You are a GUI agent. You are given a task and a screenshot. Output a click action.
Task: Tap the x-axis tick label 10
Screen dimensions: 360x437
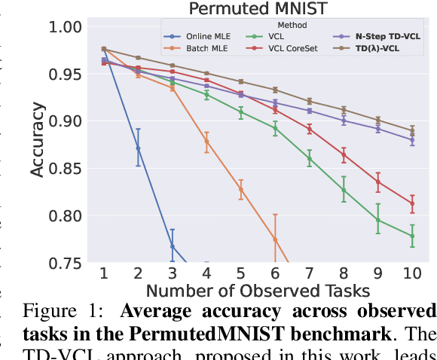(411, 274)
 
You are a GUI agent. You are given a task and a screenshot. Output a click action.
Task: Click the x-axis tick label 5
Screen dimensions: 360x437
(240, 274)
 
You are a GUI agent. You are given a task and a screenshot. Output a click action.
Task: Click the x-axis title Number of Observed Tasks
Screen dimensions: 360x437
(257, 291)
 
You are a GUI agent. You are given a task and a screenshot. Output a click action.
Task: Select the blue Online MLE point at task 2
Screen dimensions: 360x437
(138, 148)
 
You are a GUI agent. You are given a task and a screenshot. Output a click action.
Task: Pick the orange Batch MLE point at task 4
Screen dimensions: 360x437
(206, 141)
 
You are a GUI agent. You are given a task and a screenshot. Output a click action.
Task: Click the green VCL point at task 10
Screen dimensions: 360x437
(411, 236)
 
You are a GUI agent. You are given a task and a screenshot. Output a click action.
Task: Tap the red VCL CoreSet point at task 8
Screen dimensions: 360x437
(343, 155)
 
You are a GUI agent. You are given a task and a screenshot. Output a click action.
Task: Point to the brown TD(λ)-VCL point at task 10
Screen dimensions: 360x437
(411, 130)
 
